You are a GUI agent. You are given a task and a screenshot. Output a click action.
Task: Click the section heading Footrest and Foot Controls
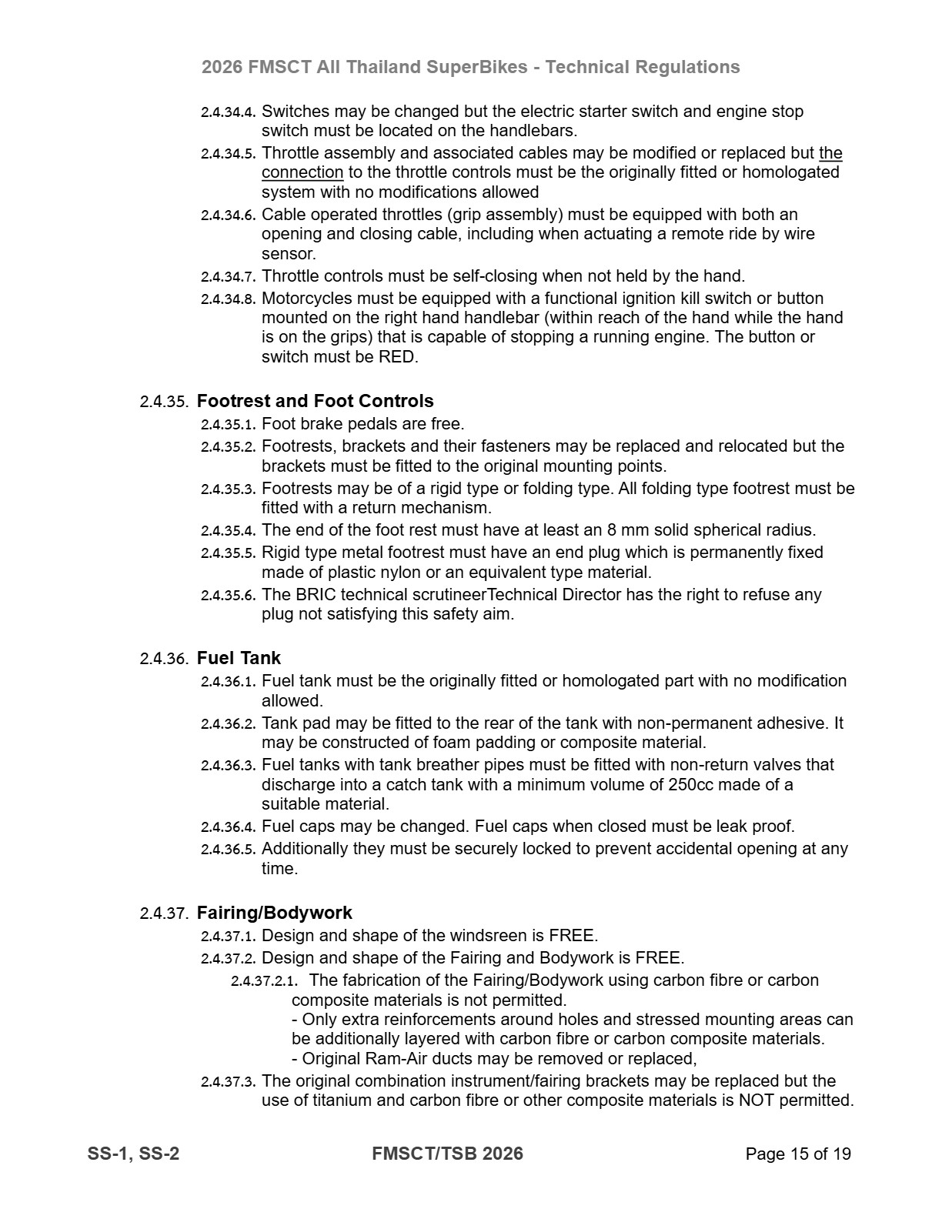(x=315, y=401)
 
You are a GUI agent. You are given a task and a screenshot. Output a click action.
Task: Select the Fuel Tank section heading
(x=239, y=658)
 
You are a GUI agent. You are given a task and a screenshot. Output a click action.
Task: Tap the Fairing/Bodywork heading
(x=274, y=913)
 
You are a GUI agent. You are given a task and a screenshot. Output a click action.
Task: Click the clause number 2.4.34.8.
(x=228, y=299)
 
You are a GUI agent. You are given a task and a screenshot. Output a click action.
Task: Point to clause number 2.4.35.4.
(x=228, y=530)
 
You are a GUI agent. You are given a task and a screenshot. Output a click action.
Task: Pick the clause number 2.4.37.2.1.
(x=264, y=981)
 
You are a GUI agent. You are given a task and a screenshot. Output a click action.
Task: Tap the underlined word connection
(x=302, y=172)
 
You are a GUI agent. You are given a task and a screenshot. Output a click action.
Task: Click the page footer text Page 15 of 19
(x=798, y=1154)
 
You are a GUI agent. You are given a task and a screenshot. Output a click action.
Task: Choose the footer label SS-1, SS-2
(x=134, y=1154)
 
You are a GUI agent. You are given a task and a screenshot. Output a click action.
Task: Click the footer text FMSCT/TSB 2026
(x=447, y=1154)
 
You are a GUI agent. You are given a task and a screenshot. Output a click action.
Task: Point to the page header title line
(x=470, y=67)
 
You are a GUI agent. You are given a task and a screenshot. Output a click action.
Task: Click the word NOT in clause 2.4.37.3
(x=757, y=1100)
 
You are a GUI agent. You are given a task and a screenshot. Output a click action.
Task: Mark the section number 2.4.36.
(x=164, y=659)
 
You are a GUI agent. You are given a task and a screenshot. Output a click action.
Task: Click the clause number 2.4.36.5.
(x=228, y=850)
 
